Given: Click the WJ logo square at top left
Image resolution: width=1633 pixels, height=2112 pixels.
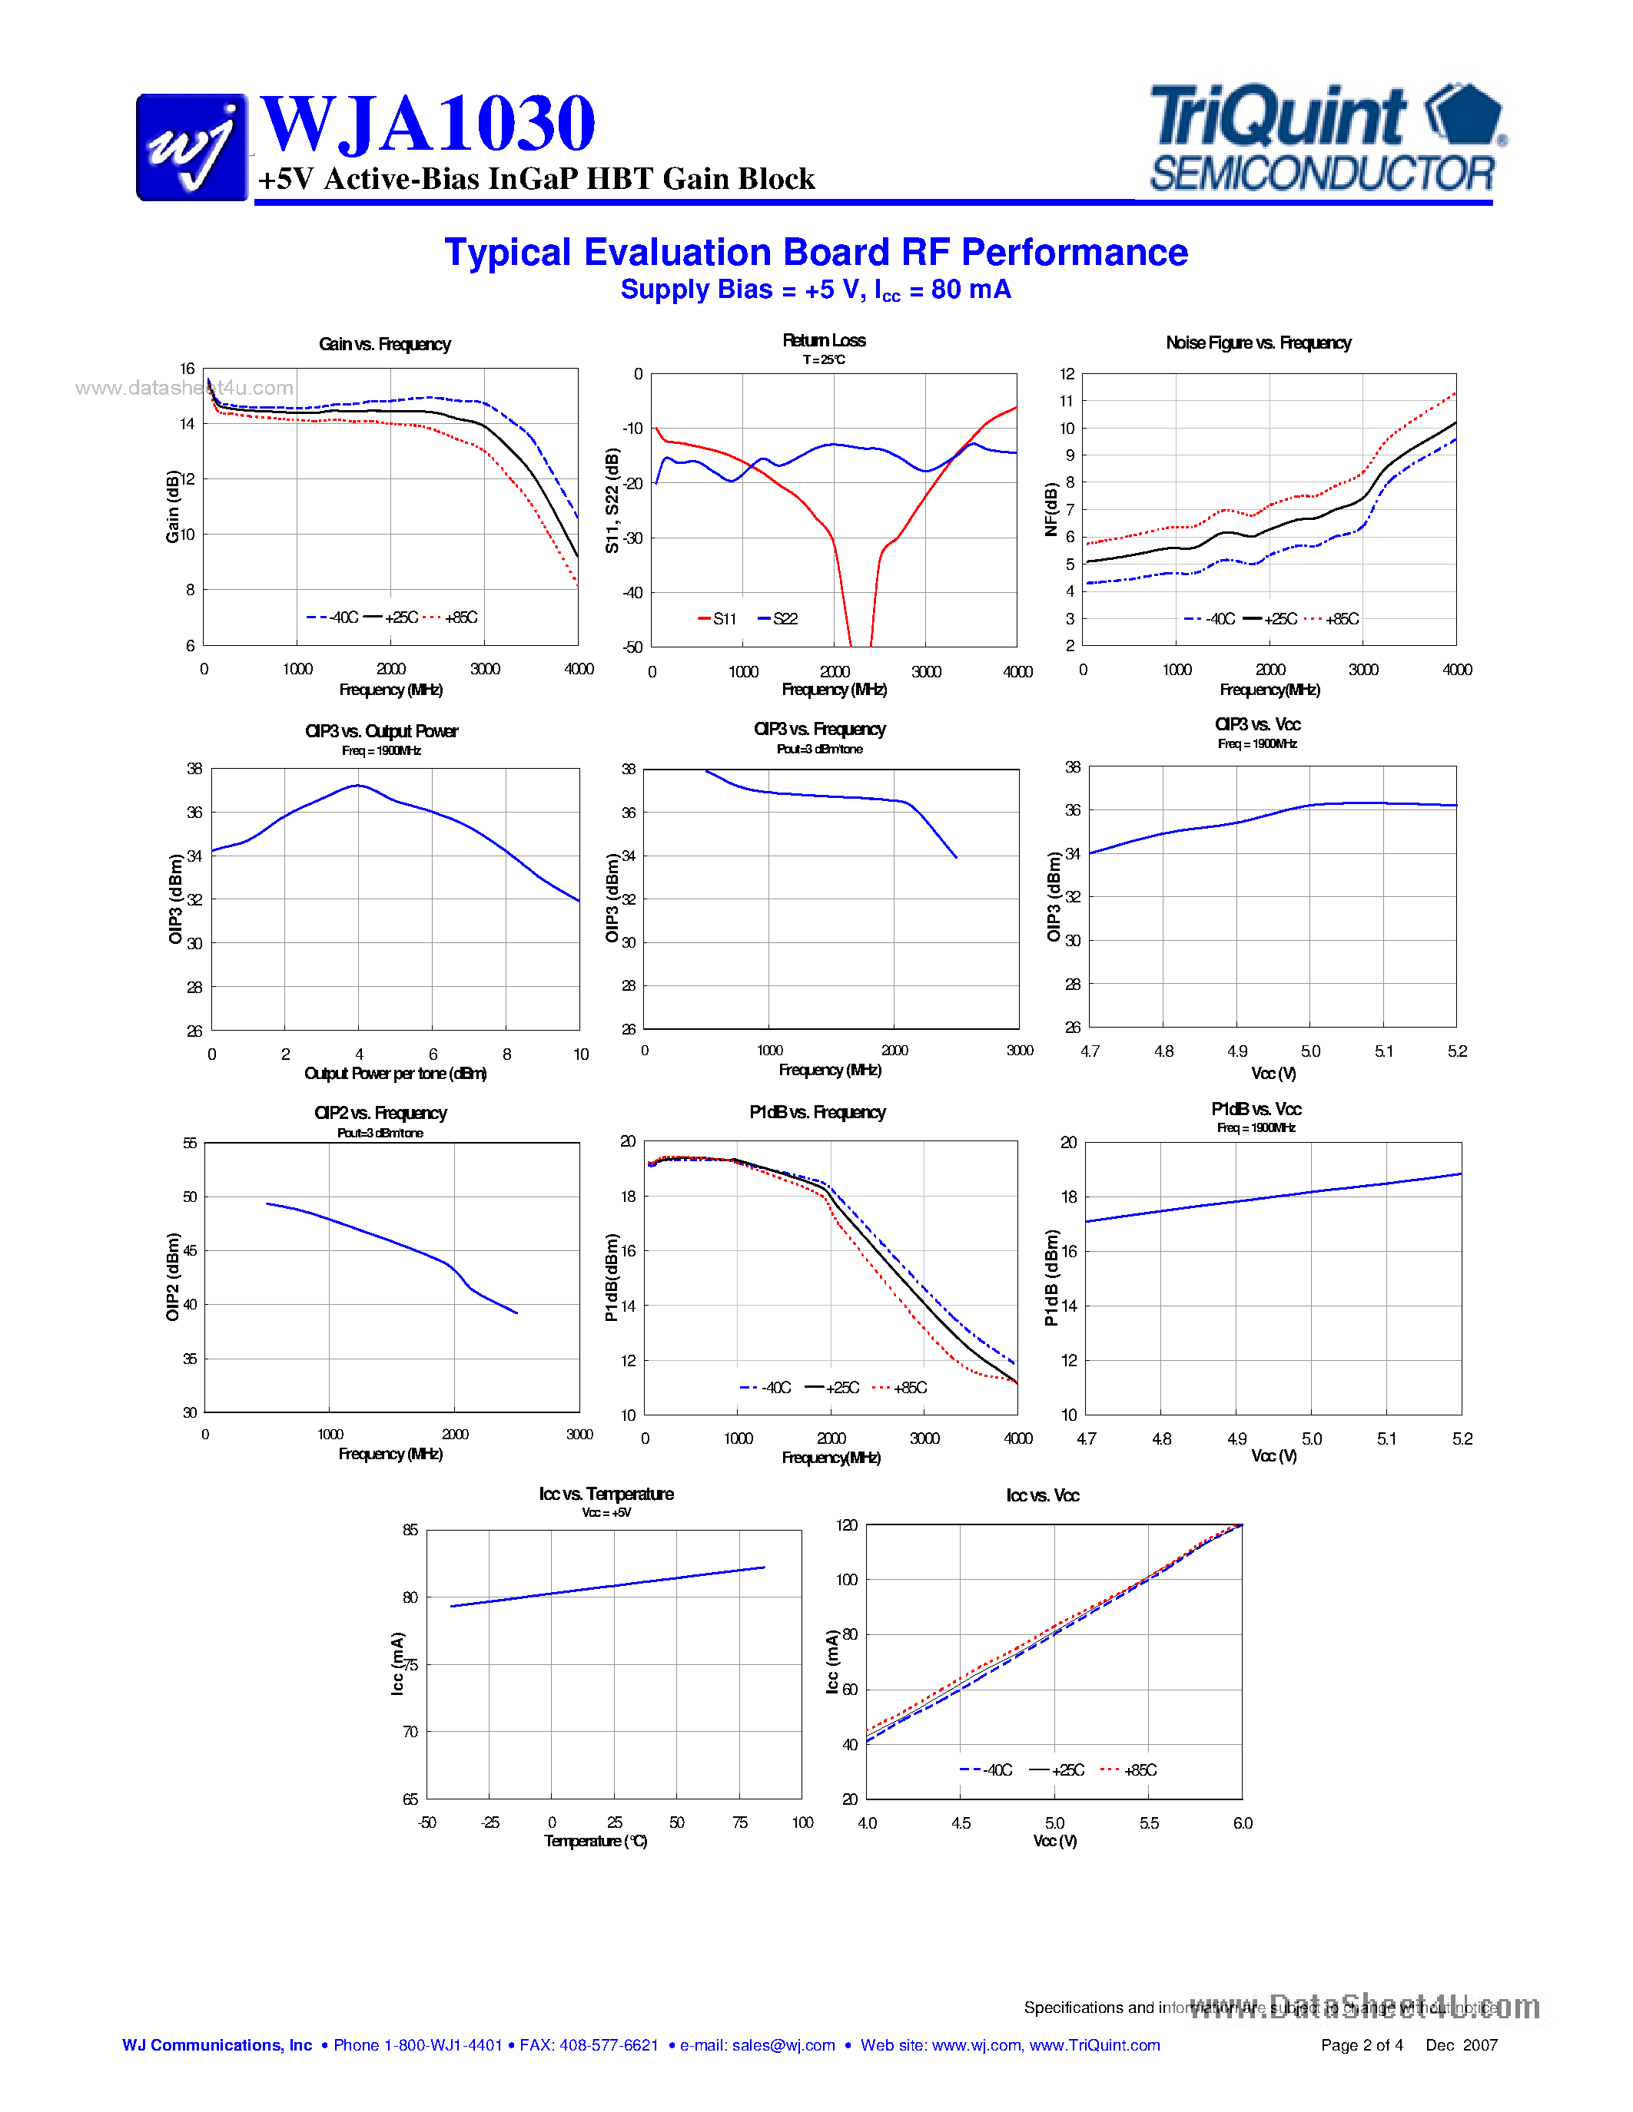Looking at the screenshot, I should (x=191, y=147).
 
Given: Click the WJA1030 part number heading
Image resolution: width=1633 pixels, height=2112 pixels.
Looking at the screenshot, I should (x=427, y=124).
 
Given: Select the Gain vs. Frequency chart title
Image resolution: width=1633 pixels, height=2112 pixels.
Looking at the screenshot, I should (x=385, y=344).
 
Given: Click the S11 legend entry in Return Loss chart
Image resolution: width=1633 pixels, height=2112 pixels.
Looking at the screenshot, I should (x=718, y=619).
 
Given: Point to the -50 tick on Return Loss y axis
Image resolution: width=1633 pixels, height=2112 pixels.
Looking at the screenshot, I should (x=632, y=647).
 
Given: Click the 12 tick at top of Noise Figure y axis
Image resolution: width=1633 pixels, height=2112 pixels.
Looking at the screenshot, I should (x=1067, y=374).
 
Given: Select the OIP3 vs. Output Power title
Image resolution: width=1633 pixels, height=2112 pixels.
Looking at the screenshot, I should (x=381, y=731).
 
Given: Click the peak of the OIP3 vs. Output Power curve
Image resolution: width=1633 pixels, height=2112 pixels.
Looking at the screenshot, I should (x=358, y=785).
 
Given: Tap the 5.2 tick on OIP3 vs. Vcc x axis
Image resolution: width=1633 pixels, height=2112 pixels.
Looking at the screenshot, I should (x=1457, y=1051).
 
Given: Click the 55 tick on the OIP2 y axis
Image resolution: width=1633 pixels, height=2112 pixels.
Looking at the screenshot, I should (x=190, y=1143).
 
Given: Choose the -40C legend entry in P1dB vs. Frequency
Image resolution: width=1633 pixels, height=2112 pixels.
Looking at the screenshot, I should (x=766, y=1388).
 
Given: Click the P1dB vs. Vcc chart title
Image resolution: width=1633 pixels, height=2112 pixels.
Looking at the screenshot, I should (x=1256, y=1109).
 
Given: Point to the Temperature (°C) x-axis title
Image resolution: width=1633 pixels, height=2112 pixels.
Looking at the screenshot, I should (x=595, y=1841).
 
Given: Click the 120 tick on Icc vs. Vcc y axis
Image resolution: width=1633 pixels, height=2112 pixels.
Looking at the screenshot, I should (x=847, y=1525).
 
